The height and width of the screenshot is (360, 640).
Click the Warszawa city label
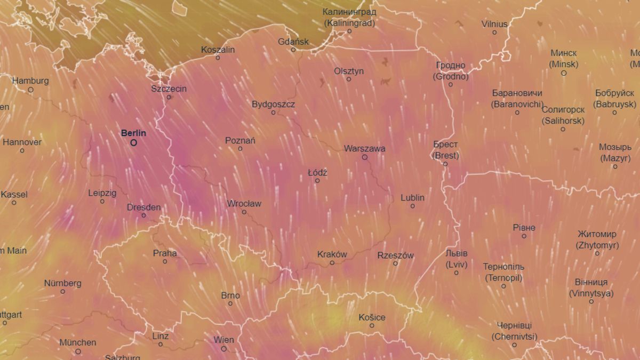click(365, 149)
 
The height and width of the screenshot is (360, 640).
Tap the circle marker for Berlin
click(133, 143)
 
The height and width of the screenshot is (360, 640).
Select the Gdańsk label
click(293, 42)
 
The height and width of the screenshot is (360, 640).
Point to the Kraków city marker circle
click(332, 262)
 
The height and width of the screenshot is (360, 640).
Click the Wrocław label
click(244, 204)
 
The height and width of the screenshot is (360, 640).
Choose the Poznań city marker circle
click(240, 149)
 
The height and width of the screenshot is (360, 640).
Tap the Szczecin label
click(169, 89)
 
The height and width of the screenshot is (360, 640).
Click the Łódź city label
click(317, 173)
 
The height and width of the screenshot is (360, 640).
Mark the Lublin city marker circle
click(412, 206)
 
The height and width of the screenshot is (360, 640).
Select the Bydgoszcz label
click(273, 104)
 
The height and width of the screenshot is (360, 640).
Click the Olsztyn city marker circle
click(349, 79)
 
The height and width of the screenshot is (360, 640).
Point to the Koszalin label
click(218, 50)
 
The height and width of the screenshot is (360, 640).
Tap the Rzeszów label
click(395, 255)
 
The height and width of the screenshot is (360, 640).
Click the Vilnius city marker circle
click(494, 33)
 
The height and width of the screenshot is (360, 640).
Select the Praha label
click(165, 253)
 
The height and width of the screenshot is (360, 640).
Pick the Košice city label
click(372, 317)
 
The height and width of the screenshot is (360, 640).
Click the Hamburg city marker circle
click(30, 90)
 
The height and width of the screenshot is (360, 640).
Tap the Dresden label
click(143, 207)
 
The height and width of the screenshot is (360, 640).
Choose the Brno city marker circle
click(230, 303)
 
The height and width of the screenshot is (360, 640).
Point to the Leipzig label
click(102, 193)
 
